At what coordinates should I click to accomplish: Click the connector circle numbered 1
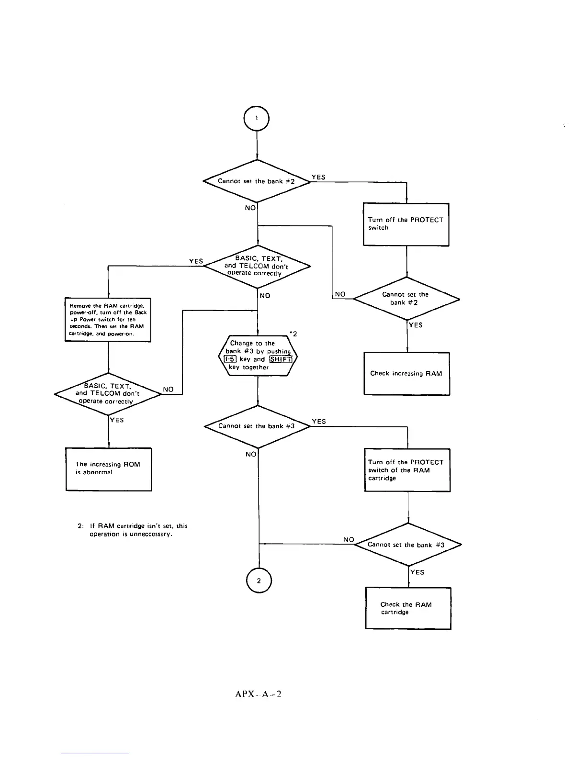pos(257,118)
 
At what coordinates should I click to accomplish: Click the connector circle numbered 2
pos(259,580)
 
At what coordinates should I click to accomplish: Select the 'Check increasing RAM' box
pos(406,374)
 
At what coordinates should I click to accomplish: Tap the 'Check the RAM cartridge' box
pos(408,608)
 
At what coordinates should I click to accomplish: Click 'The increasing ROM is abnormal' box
pos(109,469)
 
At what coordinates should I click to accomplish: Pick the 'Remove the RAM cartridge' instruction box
pos(108,319)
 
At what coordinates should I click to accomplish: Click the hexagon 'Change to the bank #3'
pos(258,356)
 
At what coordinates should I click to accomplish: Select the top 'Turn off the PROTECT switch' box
pos(406,224)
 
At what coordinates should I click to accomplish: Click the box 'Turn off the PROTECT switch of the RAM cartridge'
pos(407,470)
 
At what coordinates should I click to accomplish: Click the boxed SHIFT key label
pos(281,359)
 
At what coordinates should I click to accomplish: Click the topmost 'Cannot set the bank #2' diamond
pos(257,181)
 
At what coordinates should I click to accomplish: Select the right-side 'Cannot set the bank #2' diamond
pos(406,299)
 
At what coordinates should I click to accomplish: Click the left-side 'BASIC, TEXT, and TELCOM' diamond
pos(108,394)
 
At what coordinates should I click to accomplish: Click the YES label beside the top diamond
pos(318,177)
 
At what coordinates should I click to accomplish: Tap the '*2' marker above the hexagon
pos(293,334)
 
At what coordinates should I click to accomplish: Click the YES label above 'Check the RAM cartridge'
pos(417,572)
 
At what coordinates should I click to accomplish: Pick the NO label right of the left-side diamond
pos(168,390)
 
